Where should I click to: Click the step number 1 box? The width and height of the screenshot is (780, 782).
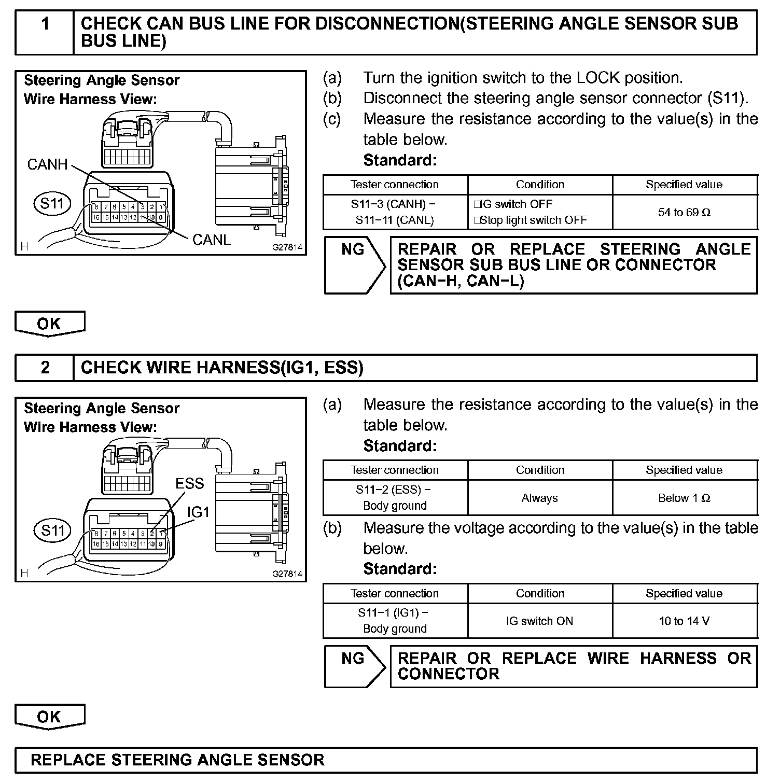click(45, 33)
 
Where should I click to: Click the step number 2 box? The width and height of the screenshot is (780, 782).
click(45, 368)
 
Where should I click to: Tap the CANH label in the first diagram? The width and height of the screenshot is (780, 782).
click(47, 165)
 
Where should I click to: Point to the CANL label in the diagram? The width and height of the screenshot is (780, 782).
click(212, 240)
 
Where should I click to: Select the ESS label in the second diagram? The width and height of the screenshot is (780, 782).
click(190, 483)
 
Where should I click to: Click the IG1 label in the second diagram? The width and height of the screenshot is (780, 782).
click(198, 512)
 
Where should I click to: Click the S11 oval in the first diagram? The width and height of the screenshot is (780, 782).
click(52, 203)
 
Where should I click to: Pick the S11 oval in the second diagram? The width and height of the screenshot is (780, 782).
click(52, 530)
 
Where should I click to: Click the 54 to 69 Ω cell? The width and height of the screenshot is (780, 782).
click(685, 212)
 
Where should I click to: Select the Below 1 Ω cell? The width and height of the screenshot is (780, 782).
click(685, 498)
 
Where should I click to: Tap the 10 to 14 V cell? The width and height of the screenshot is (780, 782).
click(685, 621)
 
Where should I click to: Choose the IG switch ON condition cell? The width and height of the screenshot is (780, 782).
click(540, 621)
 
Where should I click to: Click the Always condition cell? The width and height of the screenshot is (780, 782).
click(540, 498)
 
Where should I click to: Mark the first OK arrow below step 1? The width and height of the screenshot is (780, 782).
click(49, 324)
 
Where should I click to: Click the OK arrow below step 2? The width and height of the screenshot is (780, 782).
click(49, 717)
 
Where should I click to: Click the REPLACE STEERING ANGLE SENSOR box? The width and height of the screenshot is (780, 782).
click(385, 760)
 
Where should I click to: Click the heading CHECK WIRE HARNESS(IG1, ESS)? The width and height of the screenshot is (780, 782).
click(222, 368)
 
